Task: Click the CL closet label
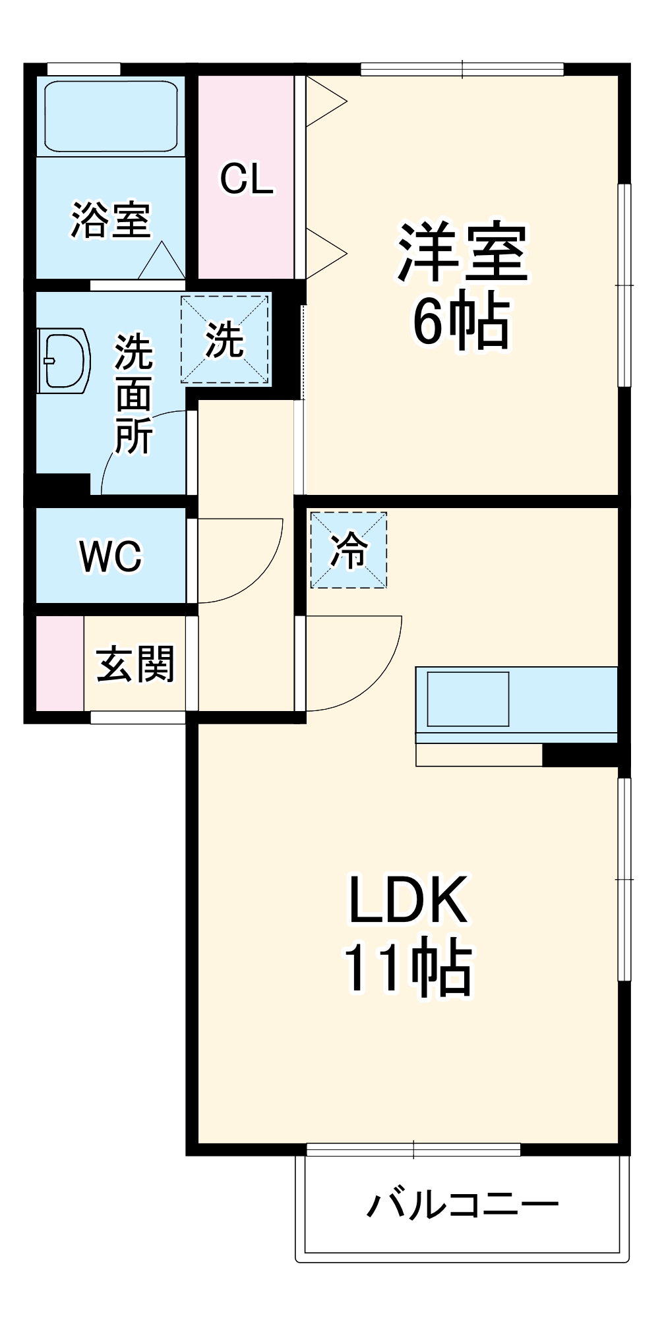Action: click(247, 179)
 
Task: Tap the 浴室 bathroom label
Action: click(111, 219)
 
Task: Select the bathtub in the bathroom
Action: click(111, 116)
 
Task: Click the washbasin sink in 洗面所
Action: click(65, 360)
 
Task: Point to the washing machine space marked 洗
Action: click(226, 339)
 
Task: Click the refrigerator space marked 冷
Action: click(348, 550)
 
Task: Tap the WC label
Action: click(111, 556)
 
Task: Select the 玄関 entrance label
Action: click(135, 664)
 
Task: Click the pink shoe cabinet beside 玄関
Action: click(59, 664)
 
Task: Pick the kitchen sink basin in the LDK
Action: click(468, 699)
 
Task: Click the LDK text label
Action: click(408, 900)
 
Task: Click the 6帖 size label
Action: click(462, 322)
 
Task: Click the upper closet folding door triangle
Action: click(325, 101)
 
